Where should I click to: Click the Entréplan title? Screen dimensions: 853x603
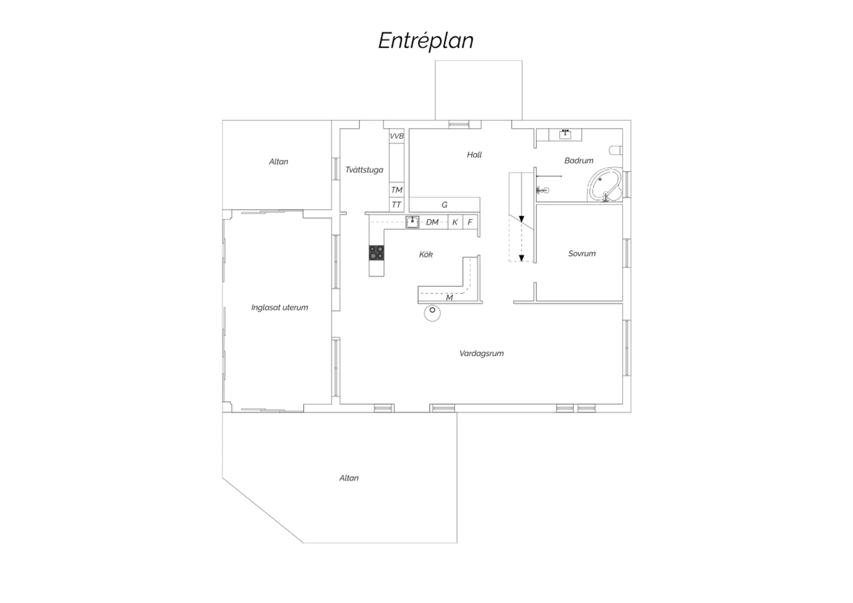coord(426,40)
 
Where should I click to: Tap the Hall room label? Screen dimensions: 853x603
coord(474,155)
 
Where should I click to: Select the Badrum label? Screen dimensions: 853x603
coord(578,160)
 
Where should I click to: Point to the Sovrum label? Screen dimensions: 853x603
coord(582,253)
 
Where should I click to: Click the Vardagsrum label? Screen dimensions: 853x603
coord(481,353)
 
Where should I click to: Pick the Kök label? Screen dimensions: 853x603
coord(426,254)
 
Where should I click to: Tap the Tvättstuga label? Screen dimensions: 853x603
coord(364,170)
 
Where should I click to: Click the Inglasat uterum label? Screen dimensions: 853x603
coord(280,307)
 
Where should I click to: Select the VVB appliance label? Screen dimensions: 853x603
coord(396,136)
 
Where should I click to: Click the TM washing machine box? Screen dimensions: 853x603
coord(396,189)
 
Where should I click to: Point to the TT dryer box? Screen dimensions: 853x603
coord(396,205)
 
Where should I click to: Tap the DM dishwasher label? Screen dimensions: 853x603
coord(432,222)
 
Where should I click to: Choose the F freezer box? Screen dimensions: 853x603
coord(470,222)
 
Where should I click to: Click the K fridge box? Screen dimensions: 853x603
coord(456,222)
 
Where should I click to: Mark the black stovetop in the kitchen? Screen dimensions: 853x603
coord(376,253)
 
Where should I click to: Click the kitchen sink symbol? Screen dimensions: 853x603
coord(412,222)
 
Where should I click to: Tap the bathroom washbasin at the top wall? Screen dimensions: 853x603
coord(565,134)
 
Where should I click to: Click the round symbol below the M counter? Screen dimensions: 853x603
coord(432,313)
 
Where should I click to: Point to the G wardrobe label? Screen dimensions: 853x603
coord(444,205)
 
